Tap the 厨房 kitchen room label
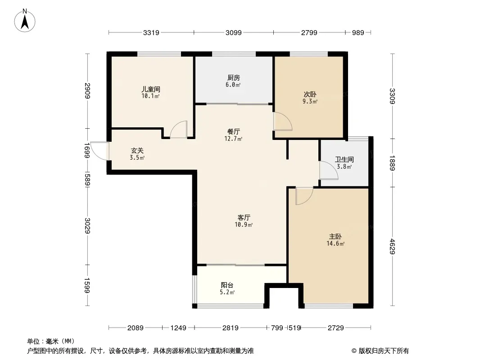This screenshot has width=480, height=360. pos(234,78)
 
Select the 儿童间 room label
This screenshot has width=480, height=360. pos(150,89)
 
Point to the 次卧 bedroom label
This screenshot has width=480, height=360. pos(310,94)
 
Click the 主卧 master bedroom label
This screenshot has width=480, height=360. pos(335,236)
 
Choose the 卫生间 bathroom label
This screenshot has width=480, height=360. pos(344,159)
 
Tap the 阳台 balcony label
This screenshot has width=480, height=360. pos(227,285)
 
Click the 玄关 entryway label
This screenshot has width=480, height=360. pos(137,150)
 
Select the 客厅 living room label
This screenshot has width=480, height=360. pos(244,217)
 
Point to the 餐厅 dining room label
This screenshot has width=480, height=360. pos(234,131)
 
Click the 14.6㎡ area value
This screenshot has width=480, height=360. pos(335,244)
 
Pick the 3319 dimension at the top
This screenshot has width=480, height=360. pos(151,32)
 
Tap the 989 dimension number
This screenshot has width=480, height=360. pos(358,32)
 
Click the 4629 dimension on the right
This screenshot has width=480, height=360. pos(393,247)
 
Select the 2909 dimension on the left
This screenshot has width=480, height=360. pos(87,91)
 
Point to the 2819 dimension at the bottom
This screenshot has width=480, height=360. pos(230,328)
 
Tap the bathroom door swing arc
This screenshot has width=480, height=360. pos(329,170)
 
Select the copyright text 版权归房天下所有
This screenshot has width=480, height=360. pos(384,351)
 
